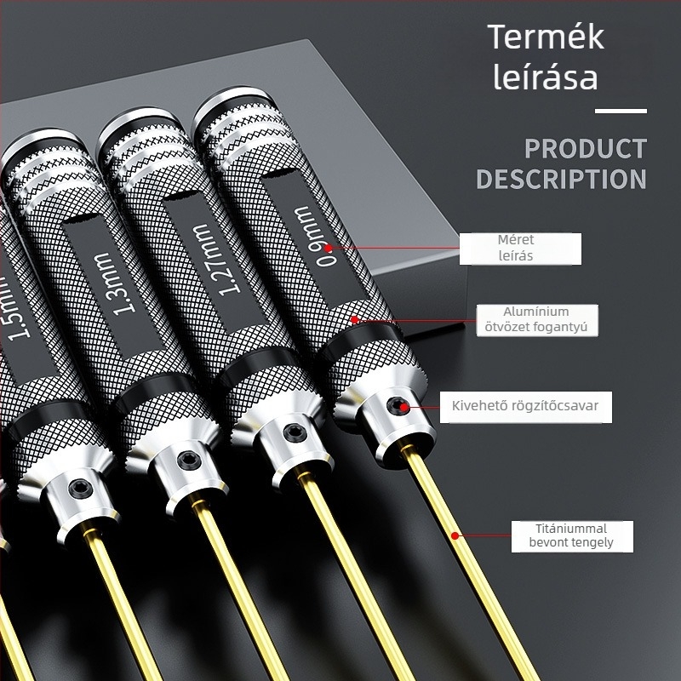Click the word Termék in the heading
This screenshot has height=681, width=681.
point(546,37)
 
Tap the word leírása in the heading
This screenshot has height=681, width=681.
point(546,77)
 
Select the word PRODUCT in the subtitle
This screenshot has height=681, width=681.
point(586,149)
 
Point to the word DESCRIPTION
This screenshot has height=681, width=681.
point(562,179)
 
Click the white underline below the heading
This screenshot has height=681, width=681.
point(621,112)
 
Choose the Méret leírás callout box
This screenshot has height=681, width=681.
point(520,249)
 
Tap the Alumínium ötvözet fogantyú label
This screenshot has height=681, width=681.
point(537,321)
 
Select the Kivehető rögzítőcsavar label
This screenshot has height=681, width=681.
point(525,408)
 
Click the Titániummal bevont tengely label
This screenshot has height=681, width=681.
point(572,536)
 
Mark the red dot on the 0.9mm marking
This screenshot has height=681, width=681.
point(329,248)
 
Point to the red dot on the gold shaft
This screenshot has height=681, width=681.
point(455,536)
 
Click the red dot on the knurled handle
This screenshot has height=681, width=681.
point(355,320)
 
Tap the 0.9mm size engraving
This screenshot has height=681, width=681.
point(316,236)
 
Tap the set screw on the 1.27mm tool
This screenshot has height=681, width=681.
point(295,433)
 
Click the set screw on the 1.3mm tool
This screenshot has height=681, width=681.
point(189,461)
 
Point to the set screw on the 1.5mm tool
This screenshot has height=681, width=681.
point(81,489)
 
